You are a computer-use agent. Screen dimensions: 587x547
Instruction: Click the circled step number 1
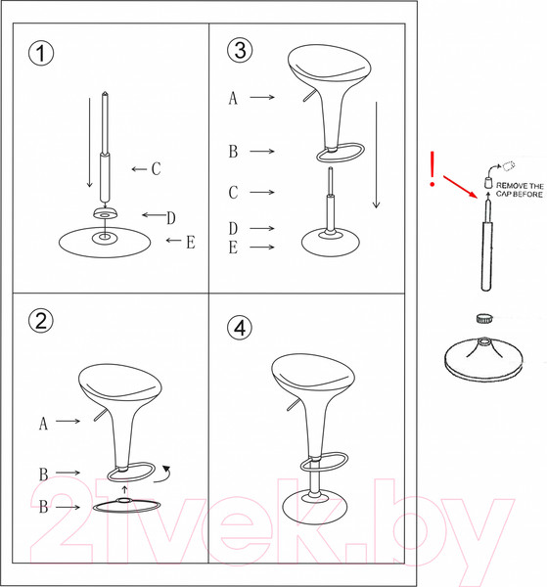point(41,53)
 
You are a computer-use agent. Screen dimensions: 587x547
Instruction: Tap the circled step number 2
point(41,321)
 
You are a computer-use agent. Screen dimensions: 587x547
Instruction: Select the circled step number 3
point(240,50)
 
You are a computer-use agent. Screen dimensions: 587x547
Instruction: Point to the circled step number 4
point(240,328)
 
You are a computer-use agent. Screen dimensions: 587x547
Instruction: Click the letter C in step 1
point(156,169)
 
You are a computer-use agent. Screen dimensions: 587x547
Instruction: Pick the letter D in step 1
point(170,216)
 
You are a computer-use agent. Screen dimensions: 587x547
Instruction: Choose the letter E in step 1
point(190,242)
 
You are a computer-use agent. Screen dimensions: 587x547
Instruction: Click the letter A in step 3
point(233,98)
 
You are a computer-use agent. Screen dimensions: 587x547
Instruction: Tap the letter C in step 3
point(233,193)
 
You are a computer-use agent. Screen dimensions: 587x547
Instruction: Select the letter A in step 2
point(44,424)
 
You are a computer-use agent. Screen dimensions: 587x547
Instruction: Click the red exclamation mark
point(431,169)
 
